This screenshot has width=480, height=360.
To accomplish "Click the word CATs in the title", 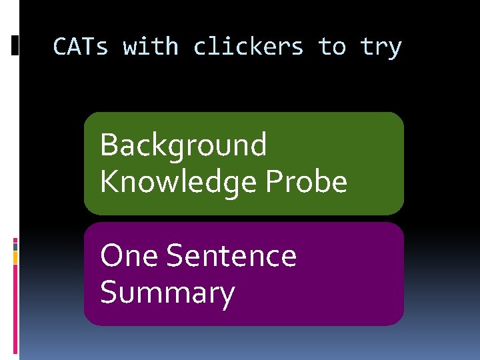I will click(79, 47).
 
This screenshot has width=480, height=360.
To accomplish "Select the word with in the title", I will click(151, 47).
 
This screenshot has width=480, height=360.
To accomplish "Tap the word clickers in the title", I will click(248, 47).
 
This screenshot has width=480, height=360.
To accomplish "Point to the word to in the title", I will click(331, 47).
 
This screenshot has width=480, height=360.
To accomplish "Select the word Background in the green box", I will click(183, 145).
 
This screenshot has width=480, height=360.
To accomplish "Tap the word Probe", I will click(306, 181).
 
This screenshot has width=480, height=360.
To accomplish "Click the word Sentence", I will click(231, 256).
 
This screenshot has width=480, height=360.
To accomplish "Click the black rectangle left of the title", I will click(15, 45).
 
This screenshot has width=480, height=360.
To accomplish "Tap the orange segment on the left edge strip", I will click(15, 257).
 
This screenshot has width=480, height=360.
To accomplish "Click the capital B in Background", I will click(108, 145).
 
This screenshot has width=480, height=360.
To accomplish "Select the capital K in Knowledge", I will click(108, 181).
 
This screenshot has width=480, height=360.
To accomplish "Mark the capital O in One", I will click(111, 256).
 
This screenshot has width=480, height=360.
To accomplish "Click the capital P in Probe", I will click(273, 181).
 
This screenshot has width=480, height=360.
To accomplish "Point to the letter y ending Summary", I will click(227, 296).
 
